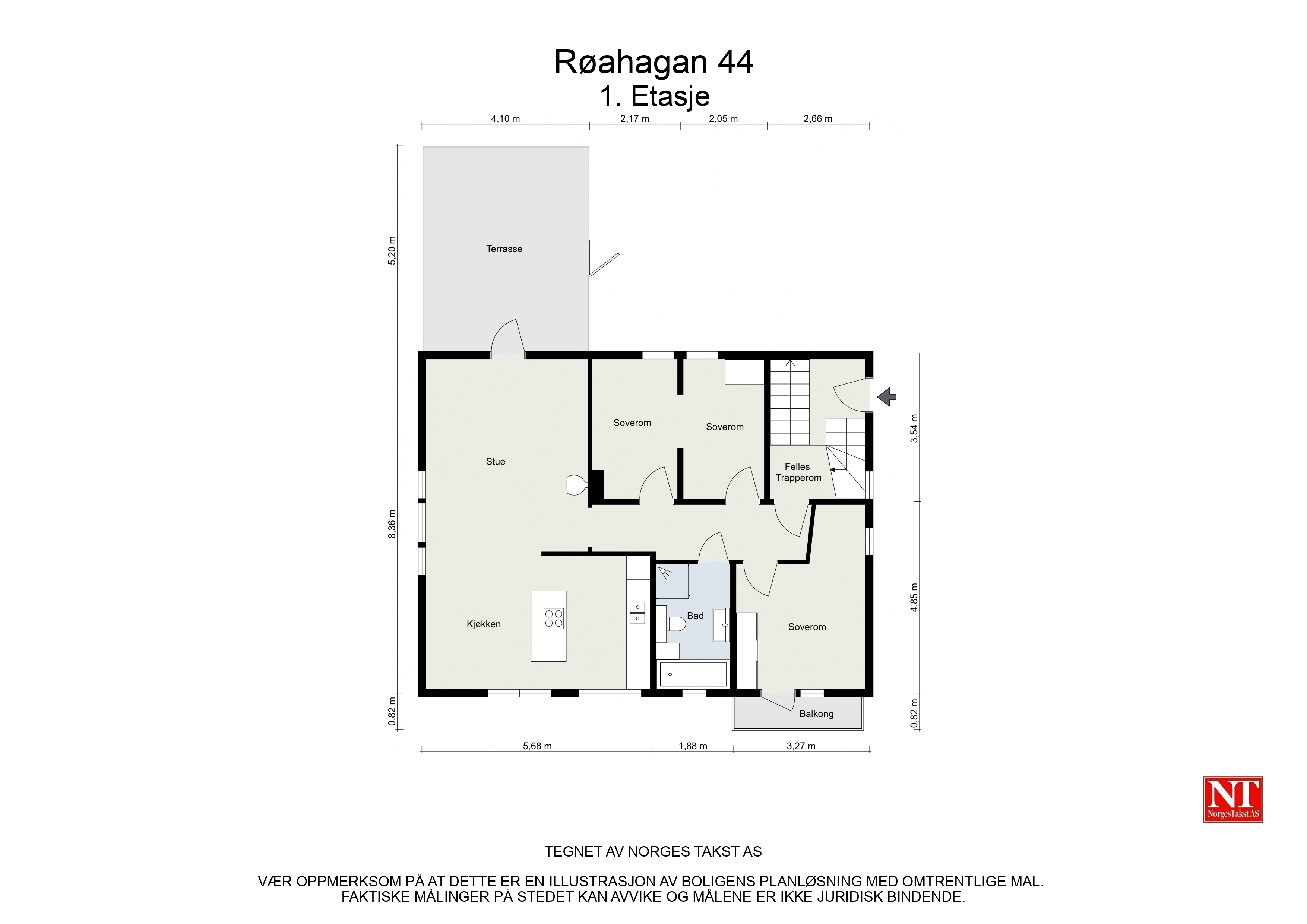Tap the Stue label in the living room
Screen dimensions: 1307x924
tap(495, 462)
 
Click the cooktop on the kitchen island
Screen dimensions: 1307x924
tap(553, 618)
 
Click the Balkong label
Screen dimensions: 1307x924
tap(816, 714)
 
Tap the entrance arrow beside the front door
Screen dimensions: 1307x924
tap(886, 397)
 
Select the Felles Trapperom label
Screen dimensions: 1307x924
tap(798, 472)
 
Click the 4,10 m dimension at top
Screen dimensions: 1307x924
tap(506, 119)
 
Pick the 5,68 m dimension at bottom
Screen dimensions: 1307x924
tap(537, 746)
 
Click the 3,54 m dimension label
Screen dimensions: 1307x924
tap(914, 428)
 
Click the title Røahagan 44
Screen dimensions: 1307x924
tap(653, 62)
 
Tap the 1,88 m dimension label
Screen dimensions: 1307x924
tap(693, 746)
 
